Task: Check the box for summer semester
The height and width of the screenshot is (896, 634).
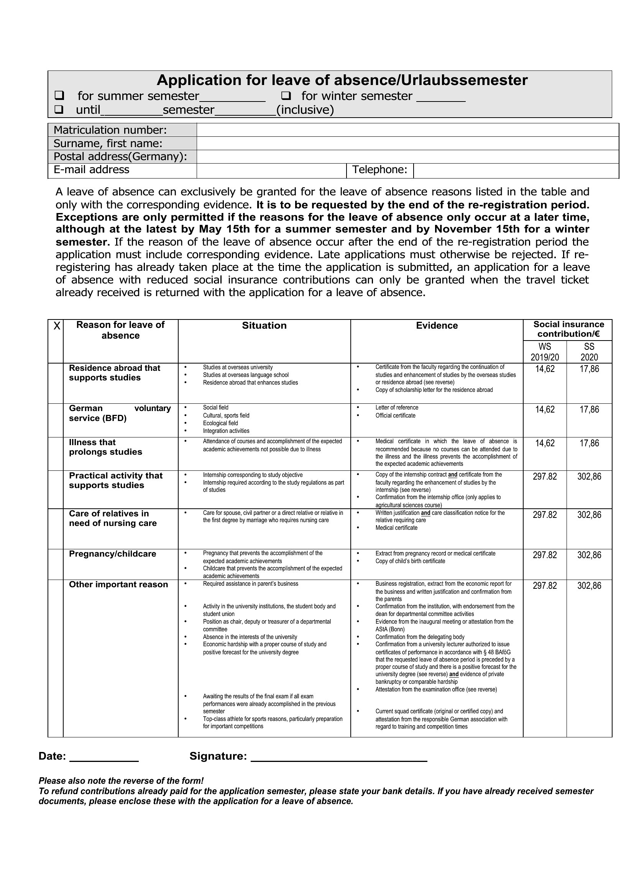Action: [59, 95]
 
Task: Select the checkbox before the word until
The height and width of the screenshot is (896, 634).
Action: [59, 109]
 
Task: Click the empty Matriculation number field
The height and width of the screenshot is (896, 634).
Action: [407, 130]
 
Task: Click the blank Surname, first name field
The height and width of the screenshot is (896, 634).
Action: [407, 143]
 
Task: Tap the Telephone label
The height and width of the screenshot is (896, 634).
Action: [379, 170]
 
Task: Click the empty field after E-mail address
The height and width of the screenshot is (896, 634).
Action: [271, 170]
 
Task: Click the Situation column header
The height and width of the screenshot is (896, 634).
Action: [264, 326]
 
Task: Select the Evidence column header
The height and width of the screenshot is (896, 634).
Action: [437, 326]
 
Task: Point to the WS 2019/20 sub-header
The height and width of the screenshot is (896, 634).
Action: [545, 352]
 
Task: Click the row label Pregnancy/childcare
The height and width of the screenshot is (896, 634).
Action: [112, 554]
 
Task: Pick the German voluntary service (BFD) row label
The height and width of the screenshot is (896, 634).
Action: [120, 413]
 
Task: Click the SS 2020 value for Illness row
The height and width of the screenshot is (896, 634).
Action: [589, 443]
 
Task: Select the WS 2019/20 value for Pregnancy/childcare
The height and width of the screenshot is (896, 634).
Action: [545, 555]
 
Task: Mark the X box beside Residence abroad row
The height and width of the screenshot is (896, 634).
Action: [56, 383]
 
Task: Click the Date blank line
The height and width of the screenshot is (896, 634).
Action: [104, 757]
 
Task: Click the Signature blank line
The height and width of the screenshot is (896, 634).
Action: [338, 757]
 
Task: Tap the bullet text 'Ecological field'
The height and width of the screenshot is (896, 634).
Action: [220, 423]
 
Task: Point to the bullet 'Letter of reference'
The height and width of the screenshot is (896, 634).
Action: [397, 408]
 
